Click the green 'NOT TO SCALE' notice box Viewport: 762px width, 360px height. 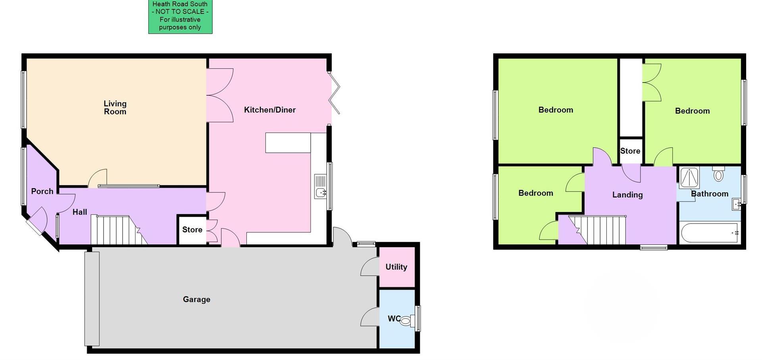coord(180,16)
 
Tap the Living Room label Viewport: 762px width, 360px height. coord(115,108)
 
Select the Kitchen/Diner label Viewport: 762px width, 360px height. coord(269,110)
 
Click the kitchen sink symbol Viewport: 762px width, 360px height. coord(320,187)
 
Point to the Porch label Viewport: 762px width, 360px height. coord(42,191)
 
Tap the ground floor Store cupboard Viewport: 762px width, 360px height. coord(192,230)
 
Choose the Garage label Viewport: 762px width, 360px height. coord(196,299)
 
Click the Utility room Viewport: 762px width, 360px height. coord(396,267)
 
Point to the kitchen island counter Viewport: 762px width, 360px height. coord(288,143)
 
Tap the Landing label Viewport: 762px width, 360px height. coord(627,195)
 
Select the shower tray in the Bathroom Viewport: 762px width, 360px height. coord(689,178)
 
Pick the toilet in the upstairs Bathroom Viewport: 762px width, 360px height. coord(718,174)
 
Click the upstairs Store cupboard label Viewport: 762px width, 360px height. coord(630,151)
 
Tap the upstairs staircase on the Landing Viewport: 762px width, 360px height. coord(599,230)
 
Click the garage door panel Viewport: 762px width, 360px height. coord(92,299)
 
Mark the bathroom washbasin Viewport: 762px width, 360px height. coord(737,205)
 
